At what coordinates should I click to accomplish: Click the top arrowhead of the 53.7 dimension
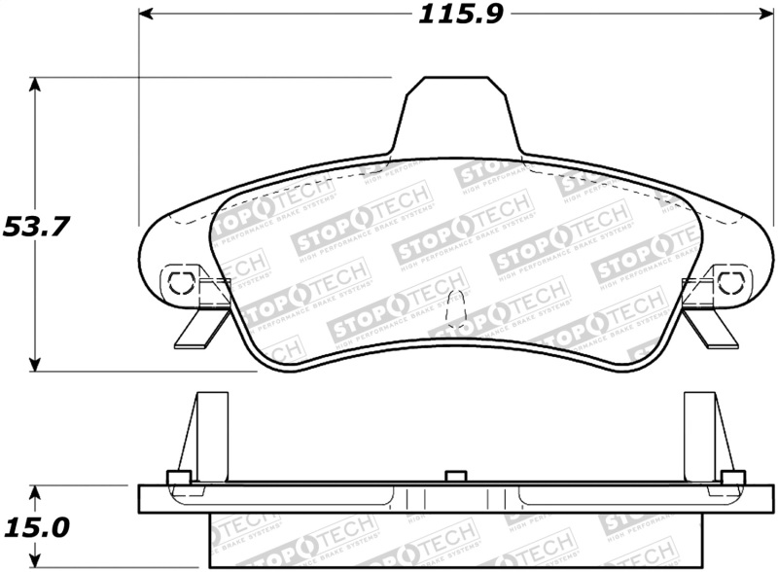click(36, 86)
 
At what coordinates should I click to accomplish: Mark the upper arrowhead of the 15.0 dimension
click(36, 492)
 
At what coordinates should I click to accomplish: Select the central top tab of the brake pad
click(457, 115)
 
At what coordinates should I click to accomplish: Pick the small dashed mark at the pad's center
click(450, 312)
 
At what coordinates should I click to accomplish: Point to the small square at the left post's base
click(178, 477)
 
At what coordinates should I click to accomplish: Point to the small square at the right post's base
click(731, 477)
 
